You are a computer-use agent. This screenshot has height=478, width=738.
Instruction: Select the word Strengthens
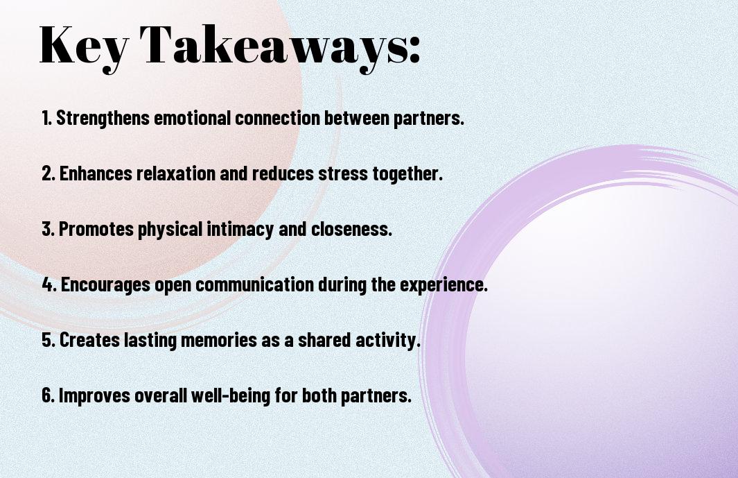pyautogui.click(x=103, y=118)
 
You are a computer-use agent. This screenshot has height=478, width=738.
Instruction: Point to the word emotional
pyautogui.click(x=193, y=118)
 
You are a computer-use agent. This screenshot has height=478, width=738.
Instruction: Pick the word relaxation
pyautogui.click(x=176, y=173)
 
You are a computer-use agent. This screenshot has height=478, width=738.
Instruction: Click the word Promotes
pyautogui.click(x=96, y=229)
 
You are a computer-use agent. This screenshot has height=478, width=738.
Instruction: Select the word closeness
pyautogui.click(x=351, y=229)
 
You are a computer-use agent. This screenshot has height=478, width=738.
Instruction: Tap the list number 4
pyautogui.click(x=49, y=284)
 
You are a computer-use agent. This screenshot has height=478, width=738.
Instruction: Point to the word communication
pyautogui.click(x=254, y=284)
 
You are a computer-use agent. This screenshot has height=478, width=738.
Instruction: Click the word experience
pyautogui.click(x=443, y=284)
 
